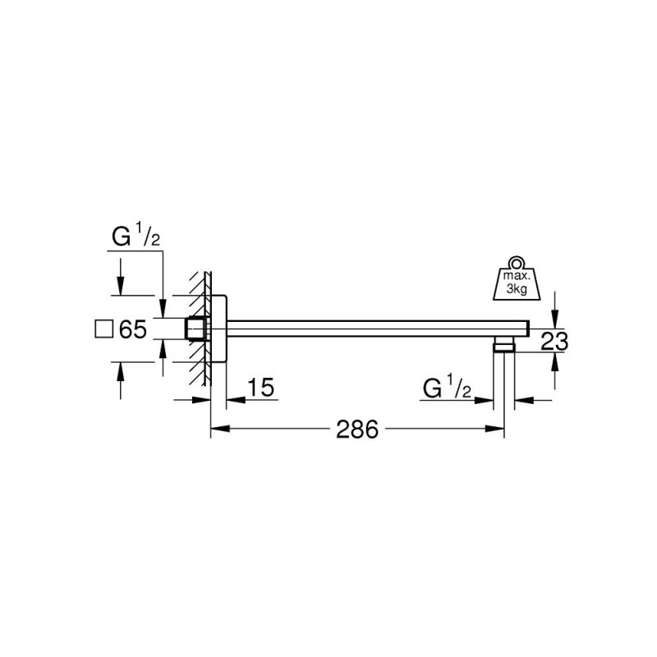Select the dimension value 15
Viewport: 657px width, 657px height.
pyautogui.click(x=258, y=388)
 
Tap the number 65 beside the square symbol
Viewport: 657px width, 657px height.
pyautogui.click(x=132, y=330)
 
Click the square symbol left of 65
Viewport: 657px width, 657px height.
pyautogui.click(x=103, y=330)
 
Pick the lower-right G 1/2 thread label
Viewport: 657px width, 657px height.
pyautogui.click(x=447, y=388)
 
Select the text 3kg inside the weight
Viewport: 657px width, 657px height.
pyautogui.click(x=517, y=292)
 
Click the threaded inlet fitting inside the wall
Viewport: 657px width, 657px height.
pyautogui.click(x=195, y=329)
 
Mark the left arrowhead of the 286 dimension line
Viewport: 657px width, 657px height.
pyautogui.click(x=218, y=428)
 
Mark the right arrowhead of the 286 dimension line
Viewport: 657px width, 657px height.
pyautogui.click(x=498, y=428)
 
